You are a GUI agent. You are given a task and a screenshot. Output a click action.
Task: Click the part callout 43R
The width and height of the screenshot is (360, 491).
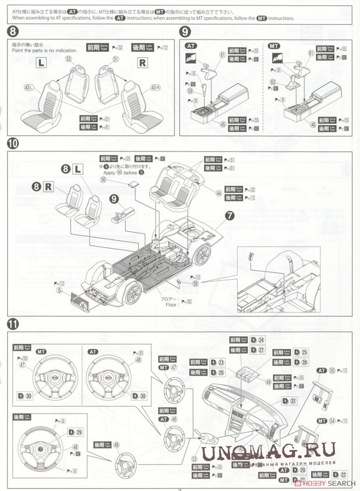[x=155, y=88]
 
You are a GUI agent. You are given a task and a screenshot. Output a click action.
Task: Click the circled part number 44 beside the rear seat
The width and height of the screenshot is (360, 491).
[x=219, y=193]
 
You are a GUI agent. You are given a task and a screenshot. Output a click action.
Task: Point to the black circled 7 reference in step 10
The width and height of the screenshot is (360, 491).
[x=230, y=216]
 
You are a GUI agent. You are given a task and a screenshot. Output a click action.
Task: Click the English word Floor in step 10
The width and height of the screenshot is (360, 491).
[x=171, y=305]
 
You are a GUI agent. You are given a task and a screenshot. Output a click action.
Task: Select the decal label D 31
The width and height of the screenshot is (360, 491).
[x=289, y=401]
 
